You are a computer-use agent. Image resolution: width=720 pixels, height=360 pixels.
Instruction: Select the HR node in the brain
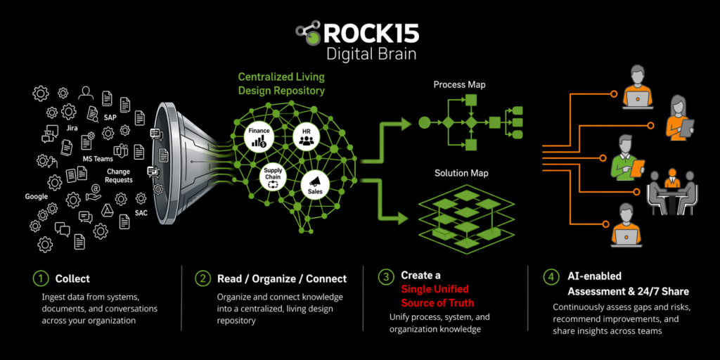[x=306, y=136]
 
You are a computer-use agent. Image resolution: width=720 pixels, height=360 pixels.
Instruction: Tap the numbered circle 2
[x=203, y=278]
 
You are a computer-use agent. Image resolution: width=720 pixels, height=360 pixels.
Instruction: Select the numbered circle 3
[x=386, y=276]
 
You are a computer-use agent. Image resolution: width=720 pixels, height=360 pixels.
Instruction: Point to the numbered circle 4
[x=551, y=276]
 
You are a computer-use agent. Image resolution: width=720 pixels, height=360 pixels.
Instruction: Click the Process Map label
[x=459, y=85]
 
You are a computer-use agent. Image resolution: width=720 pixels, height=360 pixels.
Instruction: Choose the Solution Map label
[x=461, y=173]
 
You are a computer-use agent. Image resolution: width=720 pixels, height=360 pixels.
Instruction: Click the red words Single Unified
[x=435, y=289]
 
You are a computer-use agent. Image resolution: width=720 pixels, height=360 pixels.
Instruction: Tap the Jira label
[x=72, y=129]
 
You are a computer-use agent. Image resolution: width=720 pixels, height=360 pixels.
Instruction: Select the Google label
[x=36, y=197]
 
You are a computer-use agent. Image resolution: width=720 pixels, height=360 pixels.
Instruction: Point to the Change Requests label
[x=120, y=176]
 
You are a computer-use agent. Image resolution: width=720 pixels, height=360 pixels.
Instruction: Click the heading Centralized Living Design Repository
[x=281, y=84]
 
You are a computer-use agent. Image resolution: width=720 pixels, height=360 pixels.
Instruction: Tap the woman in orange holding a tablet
[x=678, y=116]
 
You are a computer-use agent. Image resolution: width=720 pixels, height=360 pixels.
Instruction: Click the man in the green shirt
[x=625, y=157]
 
